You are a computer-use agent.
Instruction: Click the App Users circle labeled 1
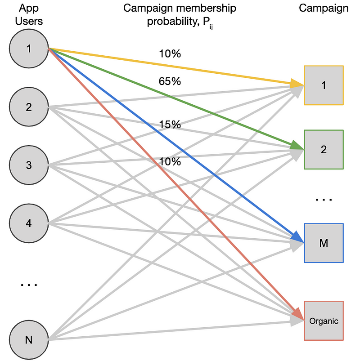click(29, 49)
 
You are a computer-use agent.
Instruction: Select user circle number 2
click(29, 107)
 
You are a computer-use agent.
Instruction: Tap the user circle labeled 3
click(29, 165)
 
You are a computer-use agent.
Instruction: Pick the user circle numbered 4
click(29, 223)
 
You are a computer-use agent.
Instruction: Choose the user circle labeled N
click(29, 340)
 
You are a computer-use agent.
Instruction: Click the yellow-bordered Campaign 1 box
click(324, 85)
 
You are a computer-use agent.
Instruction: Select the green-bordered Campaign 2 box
click(324, 150)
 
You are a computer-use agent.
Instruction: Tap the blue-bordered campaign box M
click(324, 243)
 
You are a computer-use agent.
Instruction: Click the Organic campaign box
click(324, 321)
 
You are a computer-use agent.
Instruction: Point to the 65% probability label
click(170, 81)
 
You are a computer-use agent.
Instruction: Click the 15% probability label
click(170, 125)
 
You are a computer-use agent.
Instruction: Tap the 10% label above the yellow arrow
click(170, 53)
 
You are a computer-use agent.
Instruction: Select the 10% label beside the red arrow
click(170, 161)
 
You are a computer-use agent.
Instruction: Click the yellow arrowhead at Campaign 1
click(297, 84)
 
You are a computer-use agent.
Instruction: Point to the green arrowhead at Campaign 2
click(297, 146)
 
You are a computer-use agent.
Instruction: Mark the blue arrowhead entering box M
click(298, 237)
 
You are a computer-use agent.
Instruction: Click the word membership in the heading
click(205, 8)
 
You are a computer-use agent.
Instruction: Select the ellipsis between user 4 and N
click(29, 285)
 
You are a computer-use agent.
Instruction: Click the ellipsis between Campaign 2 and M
click(324, 200)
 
